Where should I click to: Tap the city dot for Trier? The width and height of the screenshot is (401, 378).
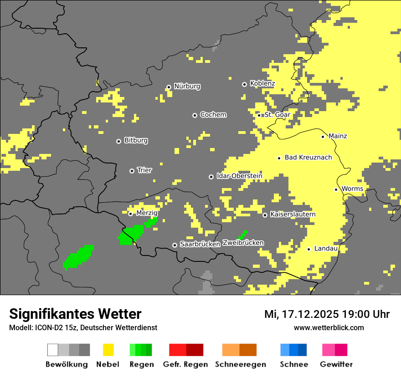tap(132, 171)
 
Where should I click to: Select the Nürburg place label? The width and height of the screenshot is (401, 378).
tap(187, 87)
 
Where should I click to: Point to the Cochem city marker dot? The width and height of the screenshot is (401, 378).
tap(195, 115)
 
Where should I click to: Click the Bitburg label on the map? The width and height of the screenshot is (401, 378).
tap(136, 141)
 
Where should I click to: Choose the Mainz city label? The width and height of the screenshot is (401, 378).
tap(338, 136)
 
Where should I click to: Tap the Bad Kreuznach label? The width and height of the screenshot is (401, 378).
tap(308, 158)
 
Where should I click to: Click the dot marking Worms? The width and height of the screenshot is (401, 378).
tap(336, 189)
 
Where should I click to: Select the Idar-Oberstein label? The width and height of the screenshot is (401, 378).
tap(239, 176)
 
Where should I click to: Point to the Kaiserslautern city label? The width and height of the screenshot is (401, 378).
tap(293, 215)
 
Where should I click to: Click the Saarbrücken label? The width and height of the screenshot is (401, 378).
tap(200, 245)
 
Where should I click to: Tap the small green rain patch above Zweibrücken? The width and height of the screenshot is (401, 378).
tap(243, 235)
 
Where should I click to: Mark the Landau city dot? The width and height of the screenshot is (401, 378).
tap(309, 249)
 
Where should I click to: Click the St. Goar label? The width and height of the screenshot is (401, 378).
tap(277, 115)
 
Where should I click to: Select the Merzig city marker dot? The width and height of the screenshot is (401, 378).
tap(130, 214)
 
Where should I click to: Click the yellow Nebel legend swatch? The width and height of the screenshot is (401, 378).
tap(108, 350)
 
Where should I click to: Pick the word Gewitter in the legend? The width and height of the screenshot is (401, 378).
tap(336, 364)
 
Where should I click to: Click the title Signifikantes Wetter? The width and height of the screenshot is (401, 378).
tap(75, 314)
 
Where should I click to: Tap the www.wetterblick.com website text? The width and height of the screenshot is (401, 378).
tap(329, 327)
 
